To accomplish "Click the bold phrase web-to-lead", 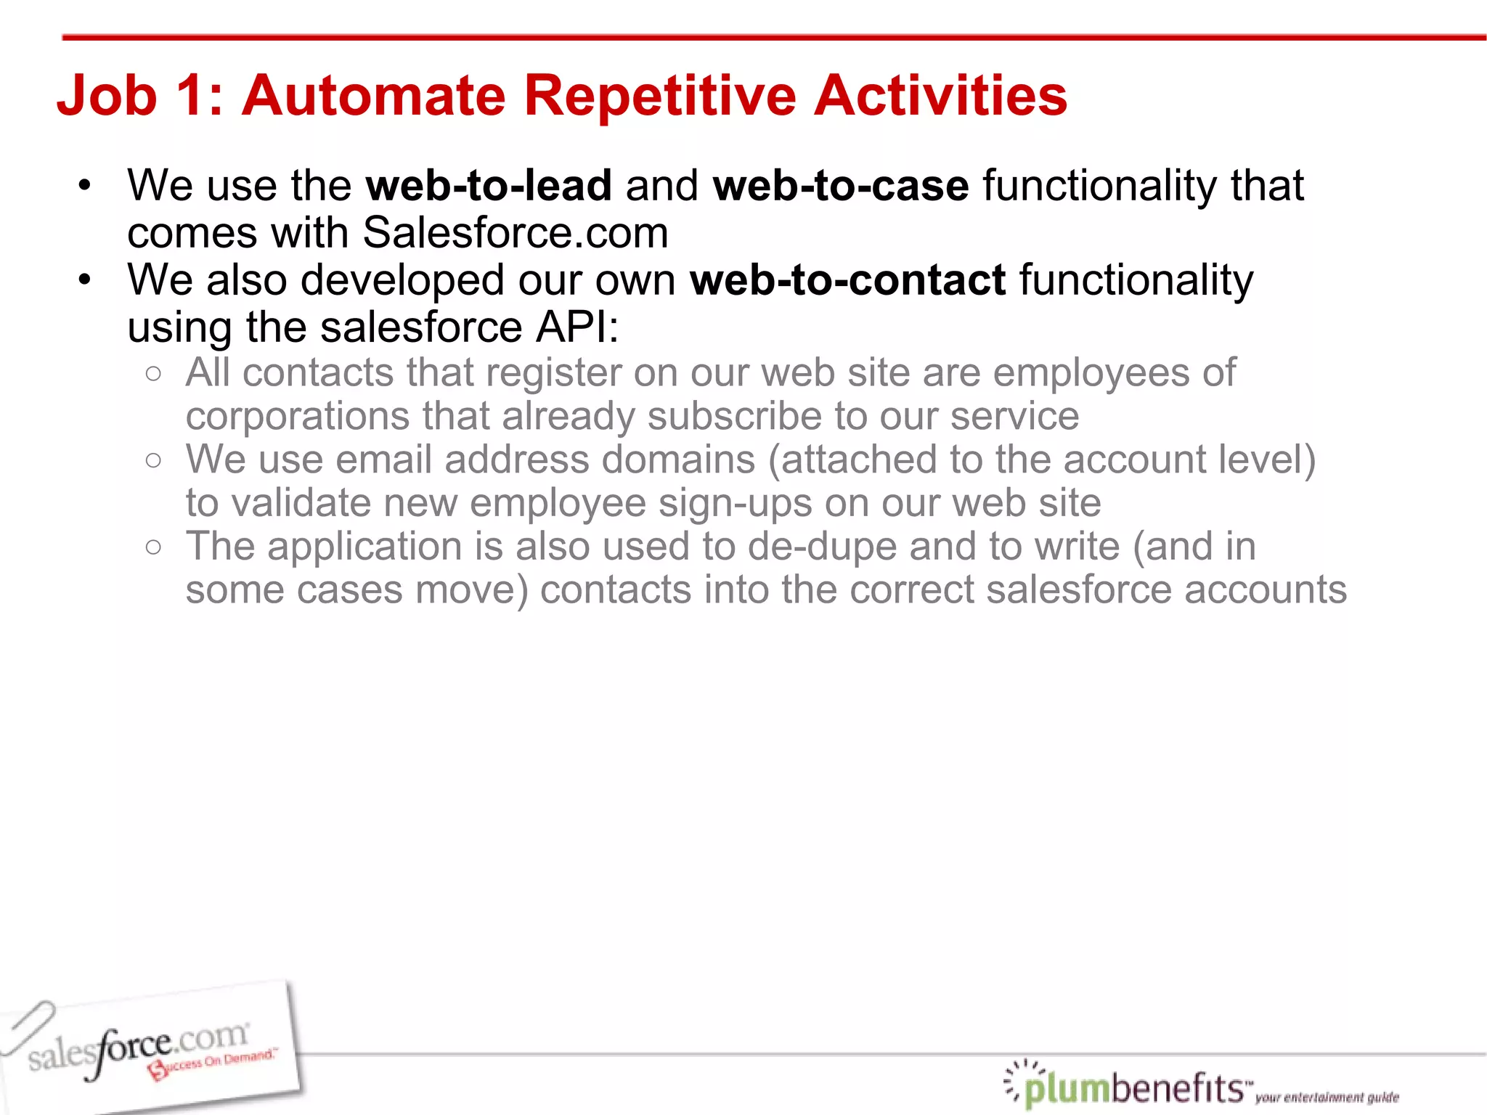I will coord(489,186).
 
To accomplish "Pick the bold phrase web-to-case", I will coord(840,186).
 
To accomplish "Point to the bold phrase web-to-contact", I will coord(847,280).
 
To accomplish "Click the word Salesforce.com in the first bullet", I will coord(515,233).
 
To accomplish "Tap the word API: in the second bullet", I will coord(577,327).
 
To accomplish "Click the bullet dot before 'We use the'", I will coord(85,185).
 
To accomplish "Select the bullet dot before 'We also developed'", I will coord(85,279).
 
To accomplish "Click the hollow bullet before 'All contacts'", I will coord(153,374).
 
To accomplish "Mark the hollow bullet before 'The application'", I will coord(153,547).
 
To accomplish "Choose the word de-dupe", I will coord(822,547).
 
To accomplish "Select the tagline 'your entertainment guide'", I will coord(1327,1097).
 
